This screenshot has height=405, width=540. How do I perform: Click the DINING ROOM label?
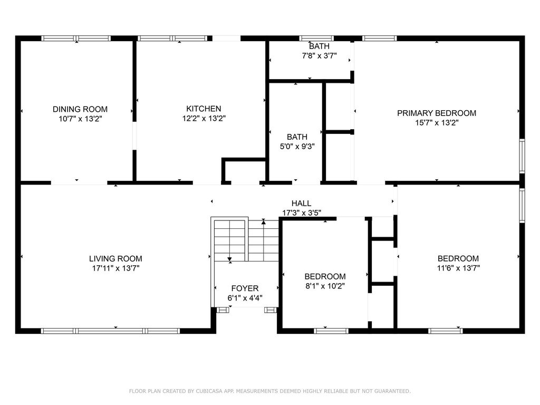[80, 109]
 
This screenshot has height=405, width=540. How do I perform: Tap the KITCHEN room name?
[204, 109]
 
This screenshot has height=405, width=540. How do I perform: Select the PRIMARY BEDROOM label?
[436, 113]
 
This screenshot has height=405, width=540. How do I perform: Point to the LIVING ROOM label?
[115, 258]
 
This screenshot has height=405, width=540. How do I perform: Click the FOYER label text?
[245, 288]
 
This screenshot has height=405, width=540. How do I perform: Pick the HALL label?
[301, 203]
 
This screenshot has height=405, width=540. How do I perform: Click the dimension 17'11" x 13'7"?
[115, 268]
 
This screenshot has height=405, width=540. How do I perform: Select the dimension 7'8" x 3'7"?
[319, 55]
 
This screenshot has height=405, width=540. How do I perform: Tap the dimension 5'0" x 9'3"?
[297, 147]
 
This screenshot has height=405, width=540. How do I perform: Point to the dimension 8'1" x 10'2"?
[325, 286]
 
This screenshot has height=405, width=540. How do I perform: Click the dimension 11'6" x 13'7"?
[458, 268]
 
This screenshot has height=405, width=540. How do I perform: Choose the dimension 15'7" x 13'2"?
[436, 122]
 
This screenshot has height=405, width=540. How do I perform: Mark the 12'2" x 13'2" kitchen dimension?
[204, 119]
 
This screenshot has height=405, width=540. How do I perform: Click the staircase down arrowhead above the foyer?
[230, 259]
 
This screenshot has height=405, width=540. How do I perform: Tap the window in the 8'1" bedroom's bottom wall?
[331, 331]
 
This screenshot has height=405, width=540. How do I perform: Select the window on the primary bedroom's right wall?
[522, 156]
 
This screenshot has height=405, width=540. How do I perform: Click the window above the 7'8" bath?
[316, 38]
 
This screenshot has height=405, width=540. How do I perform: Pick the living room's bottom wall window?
[110, 331]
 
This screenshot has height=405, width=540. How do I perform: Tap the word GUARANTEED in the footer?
[391, 391]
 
